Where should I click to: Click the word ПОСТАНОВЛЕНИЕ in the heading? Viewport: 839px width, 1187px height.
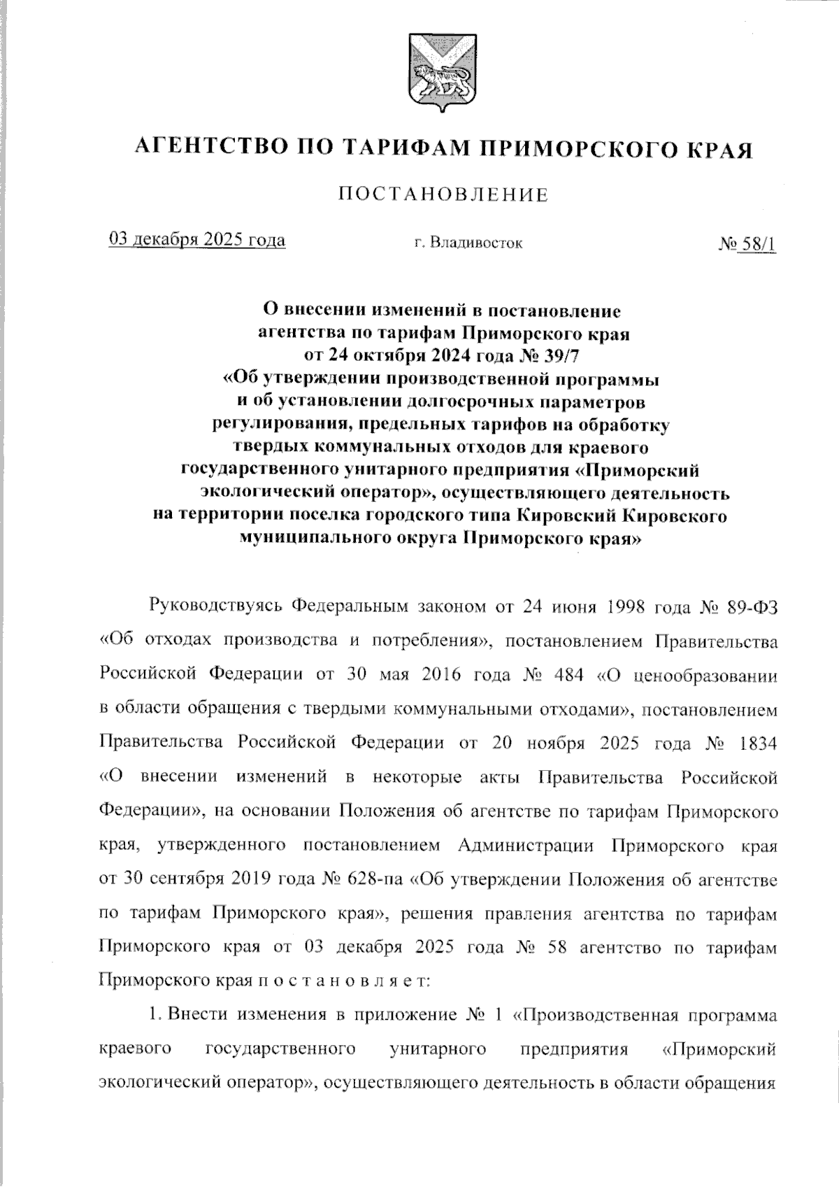(x=443, y=194)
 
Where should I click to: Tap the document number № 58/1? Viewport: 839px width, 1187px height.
(x=747, y=244)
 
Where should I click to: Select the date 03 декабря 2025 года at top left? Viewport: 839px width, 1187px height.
(x=197, y=240)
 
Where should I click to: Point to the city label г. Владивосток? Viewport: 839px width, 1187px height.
(x=468, y=244)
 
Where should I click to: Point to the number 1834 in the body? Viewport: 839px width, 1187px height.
(x=757, y=743)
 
